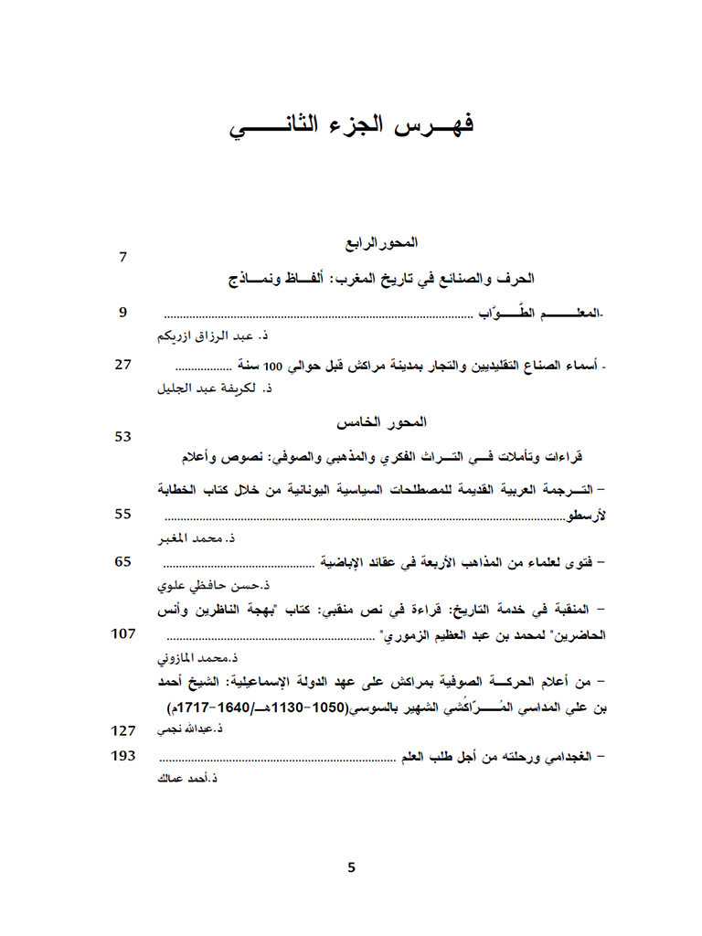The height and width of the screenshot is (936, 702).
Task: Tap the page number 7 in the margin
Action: (123, 257)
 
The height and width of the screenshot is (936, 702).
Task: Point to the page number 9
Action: (123, 314)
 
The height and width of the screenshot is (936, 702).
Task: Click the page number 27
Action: (123, 364)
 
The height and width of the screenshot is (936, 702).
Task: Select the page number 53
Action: (123, 437)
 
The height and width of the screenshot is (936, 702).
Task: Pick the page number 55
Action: (123, 514)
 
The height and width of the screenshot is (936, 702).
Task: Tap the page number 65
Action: (123, 561)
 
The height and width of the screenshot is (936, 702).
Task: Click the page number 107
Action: (123, 633)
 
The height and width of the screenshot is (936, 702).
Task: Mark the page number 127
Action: (123, 730)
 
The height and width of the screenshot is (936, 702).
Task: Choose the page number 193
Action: (123, 756)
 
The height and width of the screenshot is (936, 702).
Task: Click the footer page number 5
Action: (351, 867)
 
